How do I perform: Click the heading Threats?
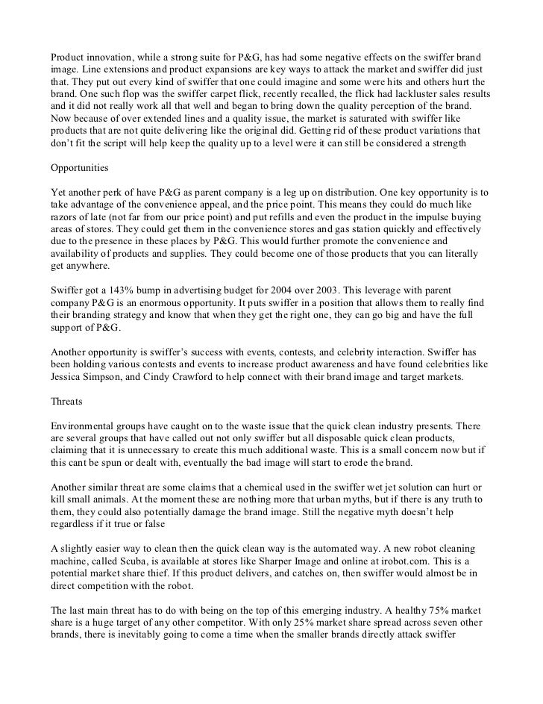coord(66,400)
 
